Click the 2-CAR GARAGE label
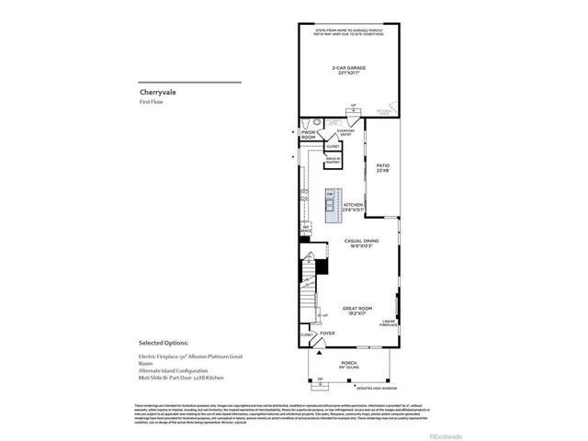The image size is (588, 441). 346,70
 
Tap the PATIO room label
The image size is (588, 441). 383,168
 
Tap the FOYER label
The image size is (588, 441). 327,334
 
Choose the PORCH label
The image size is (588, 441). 348,364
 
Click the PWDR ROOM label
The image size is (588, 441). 308,135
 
